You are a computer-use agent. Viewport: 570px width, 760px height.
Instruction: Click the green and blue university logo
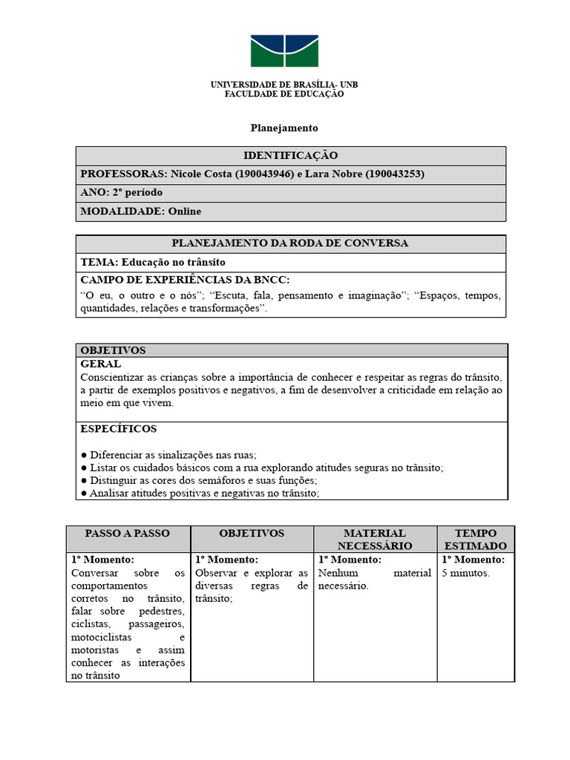(284, 51)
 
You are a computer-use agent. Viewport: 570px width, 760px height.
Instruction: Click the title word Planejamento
(284, 128)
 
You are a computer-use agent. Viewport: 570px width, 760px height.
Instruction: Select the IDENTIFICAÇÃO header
(290, 155)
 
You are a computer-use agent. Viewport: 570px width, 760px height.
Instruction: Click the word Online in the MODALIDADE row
(184, 212)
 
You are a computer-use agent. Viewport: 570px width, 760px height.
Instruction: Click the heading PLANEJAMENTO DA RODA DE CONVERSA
(290, 243)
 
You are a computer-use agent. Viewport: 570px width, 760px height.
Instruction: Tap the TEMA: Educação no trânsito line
(153, 262)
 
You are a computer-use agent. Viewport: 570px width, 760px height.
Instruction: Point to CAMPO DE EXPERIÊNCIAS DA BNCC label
(185, 280)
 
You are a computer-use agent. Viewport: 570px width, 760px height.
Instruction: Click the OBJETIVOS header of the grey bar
(113, 350)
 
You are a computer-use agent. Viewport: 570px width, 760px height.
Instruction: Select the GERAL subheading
(100, 364)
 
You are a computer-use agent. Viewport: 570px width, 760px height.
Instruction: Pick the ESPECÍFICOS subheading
(118, 429)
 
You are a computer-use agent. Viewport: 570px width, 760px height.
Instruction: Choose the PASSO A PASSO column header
(128, 534)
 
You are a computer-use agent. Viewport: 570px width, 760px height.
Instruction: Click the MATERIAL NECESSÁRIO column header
(375, 539)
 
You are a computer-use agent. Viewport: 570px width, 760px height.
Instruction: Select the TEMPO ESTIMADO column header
(475, 539)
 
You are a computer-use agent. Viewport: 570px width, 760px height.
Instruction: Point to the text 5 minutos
(465, 573)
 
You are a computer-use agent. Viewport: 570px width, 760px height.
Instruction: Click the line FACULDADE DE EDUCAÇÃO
(284, 94)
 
